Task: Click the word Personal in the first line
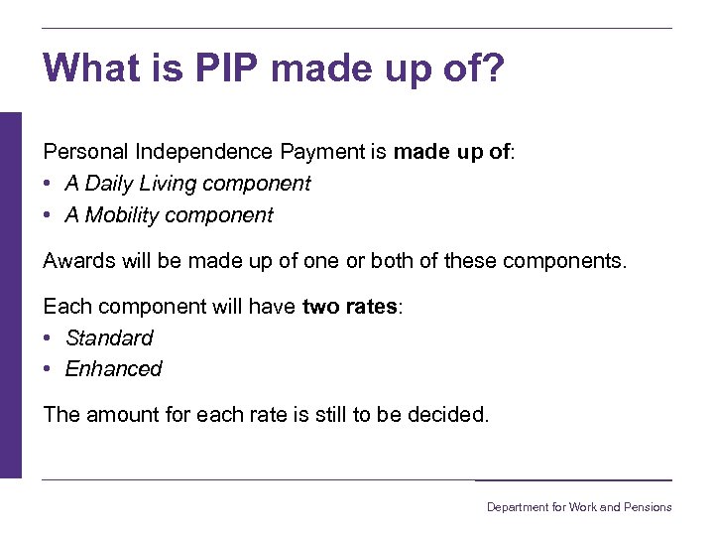[85, 152]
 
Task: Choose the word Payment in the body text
[323, 152]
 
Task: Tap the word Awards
[80, 261]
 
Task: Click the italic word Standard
[109, 337]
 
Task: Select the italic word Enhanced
[113, 369]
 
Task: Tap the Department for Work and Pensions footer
[578, 507]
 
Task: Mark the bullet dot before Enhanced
[49, 369]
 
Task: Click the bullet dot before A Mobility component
[49, 215]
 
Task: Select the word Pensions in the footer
[649, 507]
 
